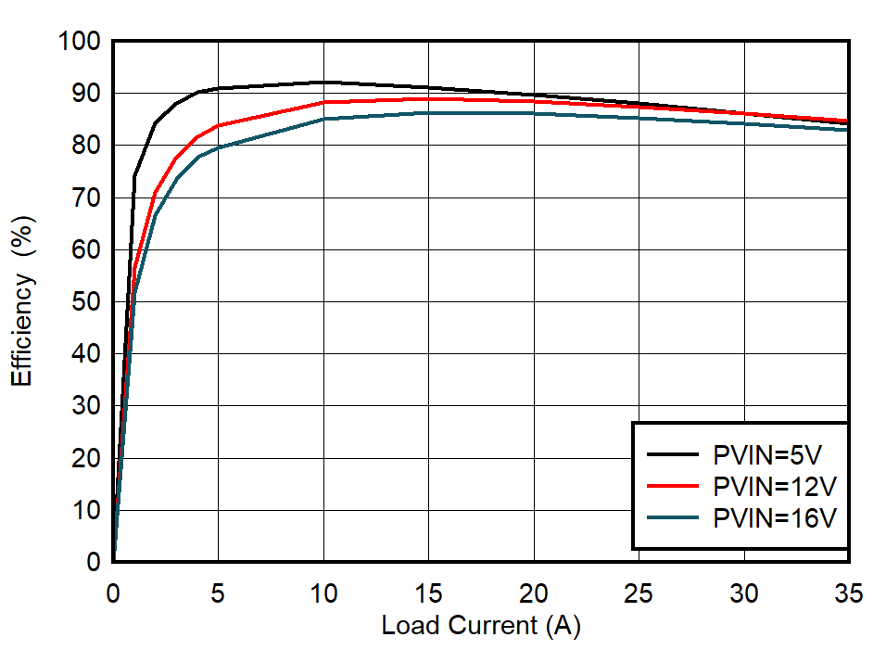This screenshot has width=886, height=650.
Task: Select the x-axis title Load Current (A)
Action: coord(480,626)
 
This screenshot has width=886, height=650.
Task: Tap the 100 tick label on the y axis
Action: coord(78,42)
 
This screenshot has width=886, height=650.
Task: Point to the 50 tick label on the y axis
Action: coord(85,302)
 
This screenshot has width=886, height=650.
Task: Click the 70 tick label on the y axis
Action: coord(85,198)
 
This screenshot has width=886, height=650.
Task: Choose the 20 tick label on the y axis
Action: coord(85,458)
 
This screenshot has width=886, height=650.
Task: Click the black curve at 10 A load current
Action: coord(323,83)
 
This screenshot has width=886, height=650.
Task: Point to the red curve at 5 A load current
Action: coord(218,125)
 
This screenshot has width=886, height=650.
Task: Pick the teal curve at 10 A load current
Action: coord(323,119)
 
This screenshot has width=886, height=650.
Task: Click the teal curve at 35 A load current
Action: coord(847,129)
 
